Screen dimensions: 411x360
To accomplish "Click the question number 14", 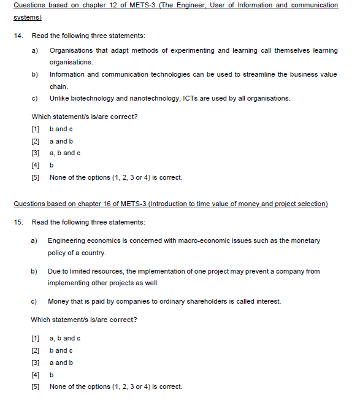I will (17, 36).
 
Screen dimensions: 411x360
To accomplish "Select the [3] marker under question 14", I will (35, 153).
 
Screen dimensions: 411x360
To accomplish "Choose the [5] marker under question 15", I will (35, 386).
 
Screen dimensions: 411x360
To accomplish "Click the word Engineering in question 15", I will (67, 241).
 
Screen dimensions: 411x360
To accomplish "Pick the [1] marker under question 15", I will (35, 338).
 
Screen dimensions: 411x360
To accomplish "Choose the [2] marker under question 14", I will (35, 141).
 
